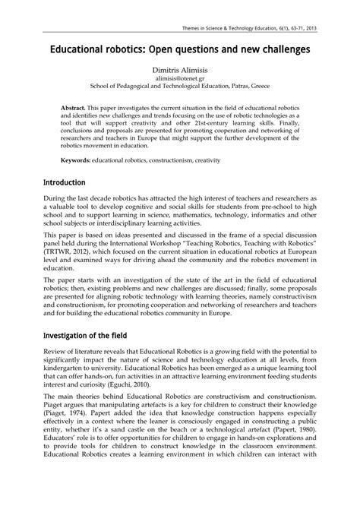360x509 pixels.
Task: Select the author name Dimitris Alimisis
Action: pos(179,69)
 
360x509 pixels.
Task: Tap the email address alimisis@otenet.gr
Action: pos(179,78)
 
